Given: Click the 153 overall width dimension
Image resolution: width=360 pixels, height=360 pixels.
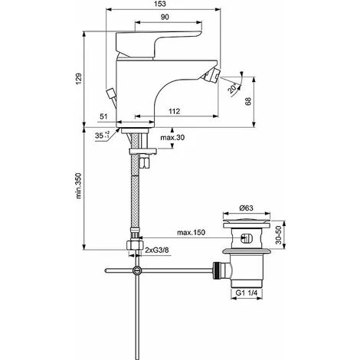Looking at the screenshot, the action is click(x=160, y=4).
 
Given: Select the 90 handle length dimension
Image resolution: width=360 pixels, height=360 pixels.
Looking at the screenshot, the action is click(x=165, y=17).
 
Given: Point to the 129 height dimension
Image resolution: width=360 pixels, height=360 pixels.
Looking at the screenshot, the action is click(x=79, y=79).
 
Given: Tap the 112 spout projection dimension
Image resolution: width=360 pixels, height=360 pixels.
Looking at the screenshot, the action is click(x=175, y=111).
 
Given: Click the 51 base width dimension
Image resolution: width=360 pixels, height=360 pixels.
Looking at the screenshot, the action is click(x=103, y=116).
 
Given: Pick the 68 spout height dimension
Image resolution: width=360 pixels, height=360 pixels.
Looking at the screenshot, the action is click(x=248, y=101).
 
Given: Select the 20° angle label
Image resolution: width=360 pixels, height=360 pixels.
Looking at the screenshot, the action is click(x=232, y=89).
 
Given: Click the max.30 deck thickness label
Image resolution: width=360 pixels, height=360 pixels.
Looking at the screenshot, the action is click(x=172, y=138).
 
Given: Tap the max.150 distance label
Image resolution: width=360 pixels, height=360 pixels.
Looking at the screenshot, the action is click(x=191, y=232).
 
